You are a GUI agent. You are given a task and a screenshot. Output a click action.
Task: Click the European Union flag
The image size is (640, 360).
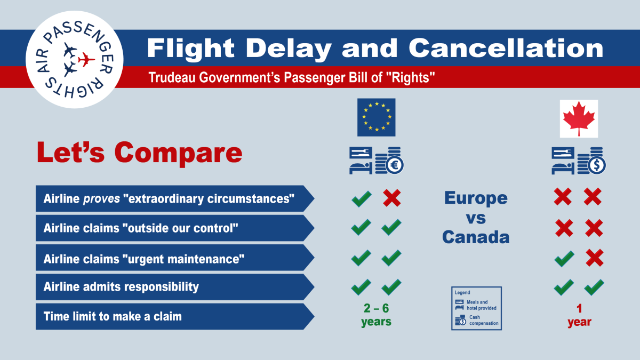[x=376, y=117]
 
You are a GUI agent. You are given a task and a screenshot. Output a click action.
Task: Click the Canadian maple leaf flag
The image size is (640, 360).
[x=579, y=118]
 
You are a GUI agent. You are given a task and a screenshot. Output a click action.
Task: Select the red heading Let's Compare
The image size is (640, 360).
[x=139, y=153]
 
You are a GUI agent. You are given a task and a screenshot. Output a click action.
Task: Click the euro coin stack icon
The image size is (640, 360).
[x=389, y=161]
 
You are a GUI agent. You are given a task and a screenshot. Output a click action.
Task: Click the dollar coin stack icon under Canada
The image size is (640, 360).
[x=592, y=161]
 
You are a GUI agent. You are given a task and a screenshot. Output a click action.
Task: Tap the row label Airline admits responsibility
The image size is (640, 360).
[x=121, y=287]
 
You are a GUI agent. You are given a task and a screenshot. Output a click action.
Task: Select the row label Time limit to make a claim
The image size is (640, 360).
[x=113, y=316]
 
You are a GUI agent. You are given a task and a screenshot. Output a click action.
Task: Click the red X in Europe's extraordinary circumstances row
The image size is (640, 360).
[x=392, y=199]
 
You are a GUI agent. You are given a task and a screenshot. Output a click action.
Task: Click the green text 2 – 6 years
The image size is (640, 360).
[x=376, y=315]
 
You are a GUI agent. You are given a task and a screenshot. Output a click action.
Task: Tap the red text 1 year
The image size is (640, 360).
[x=579, y=315]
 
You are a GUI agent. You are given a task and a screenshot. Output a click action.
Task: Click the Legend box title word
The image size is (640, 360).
[x=462, y=293]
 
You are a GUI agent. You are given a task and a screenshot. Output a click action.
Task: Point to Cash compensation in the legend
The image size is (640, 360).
[x=483, y=320]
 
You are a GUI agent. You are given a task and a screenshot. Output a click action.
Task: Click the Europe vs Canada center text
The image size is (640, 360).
[x=476, y=217]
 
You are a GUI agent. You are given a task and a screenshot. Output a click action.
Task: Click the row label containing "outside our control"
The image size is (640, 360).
[x=140, y=228]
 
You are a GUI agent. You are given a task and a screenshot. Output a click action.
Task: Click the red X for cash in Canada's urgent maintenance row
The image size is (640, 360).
[x=594, y=259]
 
